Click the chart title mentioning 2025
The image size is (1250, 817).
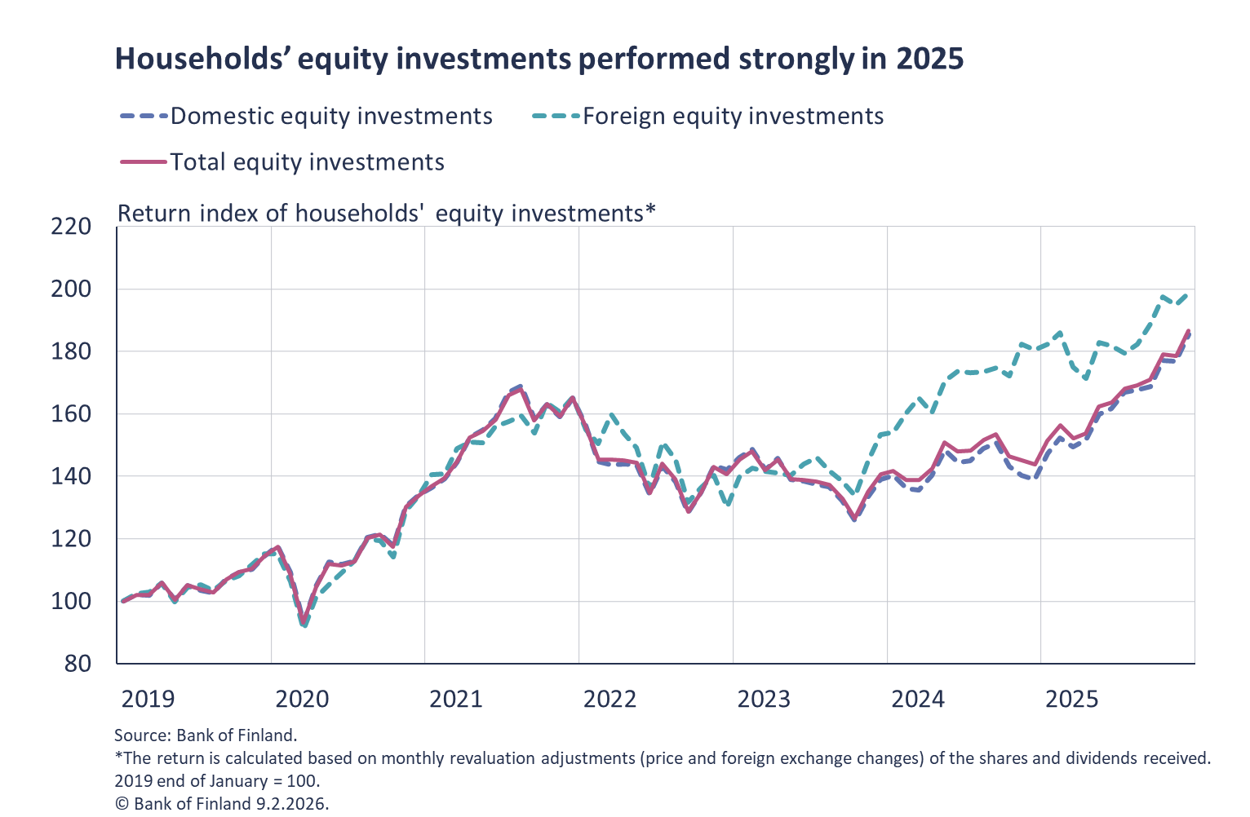click(x=539, y=59)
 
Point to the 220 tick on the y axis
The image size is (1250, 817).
click(x=71, y=227)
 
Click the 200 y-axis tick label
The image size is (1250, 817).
click(x=71, y=289)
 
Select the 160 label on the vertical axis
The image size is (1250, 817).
click(x=71, y=414)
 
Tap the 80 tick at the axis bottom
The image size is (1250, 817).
click(x=78, y=663)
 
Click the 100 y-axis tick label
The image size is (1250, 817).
click(x=71, y=602)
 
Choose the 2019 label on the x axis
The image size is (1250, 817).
click(x=148, y=699)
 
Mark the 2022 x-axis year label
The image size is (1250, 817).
click(x=609, y=699)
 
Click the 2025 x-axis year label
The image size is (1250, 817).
click(x=1072, y=699)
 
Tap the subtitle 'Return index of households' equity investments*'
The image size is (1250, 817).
click(x=387, y=213)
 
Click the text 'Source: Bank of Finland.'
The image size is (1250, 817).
click(x=206, y=735)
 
